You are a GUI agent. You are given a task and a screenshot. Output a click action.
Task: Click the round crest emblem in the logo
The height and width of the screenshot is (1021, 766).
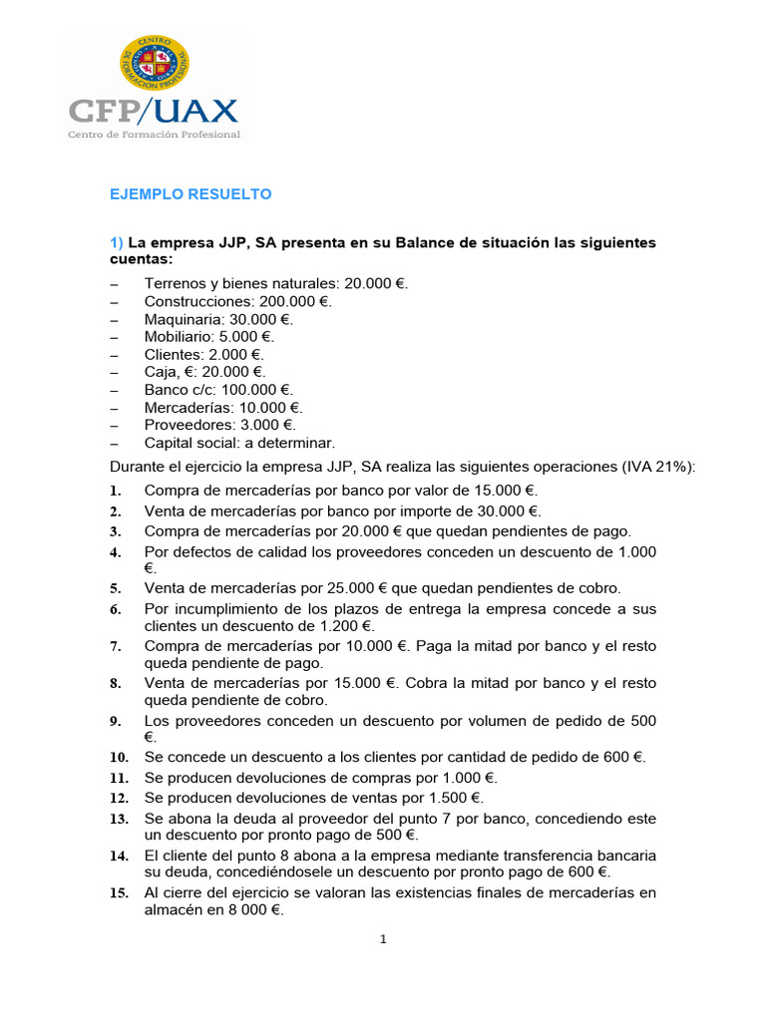[x=155, y=61]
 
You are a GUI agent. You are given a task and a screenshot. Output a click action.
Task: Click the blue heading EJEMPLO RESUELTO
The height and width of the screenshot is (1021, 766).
[x=190, y=193]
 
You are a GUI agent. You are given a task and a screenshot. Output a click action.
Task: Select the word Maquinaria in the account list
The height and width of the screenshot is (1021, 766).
[x=183, y=319]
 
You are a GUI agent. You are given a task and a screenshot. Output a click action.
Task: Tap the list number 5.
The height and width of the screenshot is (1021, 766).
[x=116, y=589]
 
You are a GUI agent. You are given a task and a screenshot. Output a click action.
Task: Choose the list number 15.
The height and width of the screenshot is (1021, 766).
[x=119, y=894]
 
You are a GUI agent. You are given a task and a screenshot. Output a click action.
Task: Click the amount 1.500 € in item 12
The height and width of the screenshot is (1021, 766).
[x=448, y=798]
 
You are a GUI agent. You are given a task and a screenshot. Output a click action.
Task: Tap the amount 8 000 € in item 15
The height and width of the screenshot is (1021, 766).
[x=250, y=910]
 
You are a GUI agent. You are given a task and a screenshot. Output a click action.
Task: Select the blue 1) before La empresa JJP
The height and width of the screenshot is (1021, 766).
[x=117, y=243]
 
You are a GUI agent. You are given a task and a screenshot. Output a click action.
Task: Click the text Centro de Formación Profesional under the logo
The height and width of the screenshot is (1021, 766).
[x=154, y=135]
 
